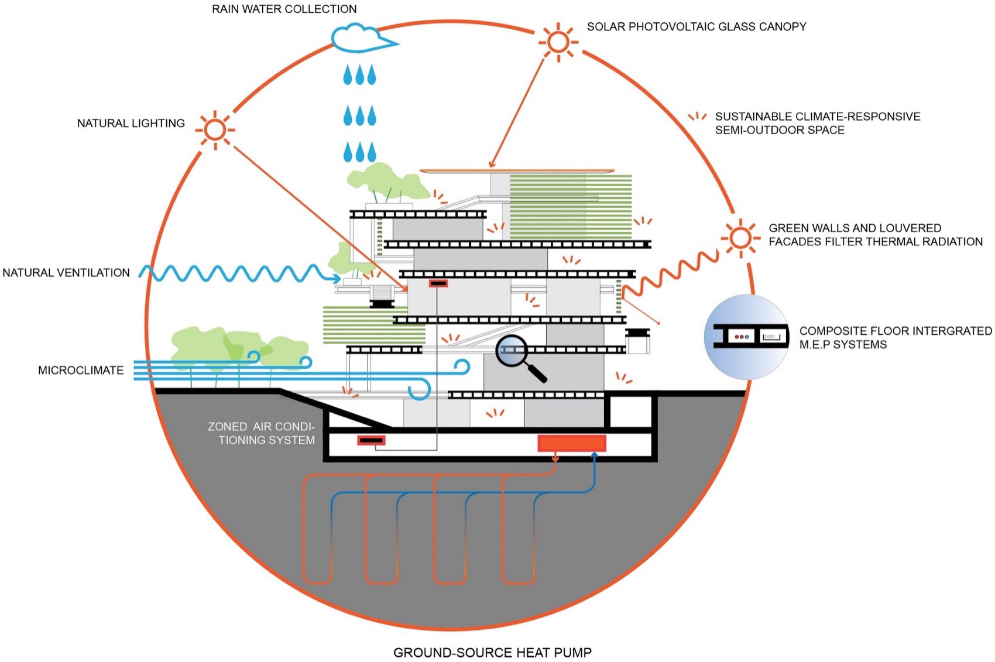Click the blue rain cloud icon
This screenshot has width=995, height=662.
coord(360,38)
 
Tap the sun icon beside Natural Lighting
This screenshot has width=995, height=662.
coord(215,129)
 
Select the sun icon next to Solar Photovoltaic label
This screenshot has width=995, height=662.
coord(558,42)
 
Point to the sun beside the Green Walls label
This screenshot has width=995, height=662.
coord(740,238)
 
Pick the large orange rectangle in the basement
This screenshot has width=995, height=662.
coord(572,443)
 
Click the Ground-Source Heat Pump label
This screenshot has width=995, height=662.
coord(492,653)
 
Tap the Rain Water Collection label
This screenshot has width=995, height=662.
coord(284,9)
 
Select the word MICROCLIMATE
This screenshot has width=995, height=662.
coord(81,371)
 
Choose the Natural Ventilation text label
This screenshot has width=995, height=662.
coord(66,273)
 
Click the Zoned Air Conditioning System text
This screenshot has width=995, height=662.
coord(262,434)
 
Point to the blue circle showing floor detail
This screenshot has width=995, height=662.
coord(746,337)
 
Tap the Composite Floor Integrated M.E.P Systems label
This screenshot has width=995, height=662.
coord(895,338)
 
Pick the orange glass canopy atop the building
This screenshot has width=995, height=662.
coord(517,171)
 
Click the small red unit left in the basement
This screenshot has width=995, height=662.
coord(372,441)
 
